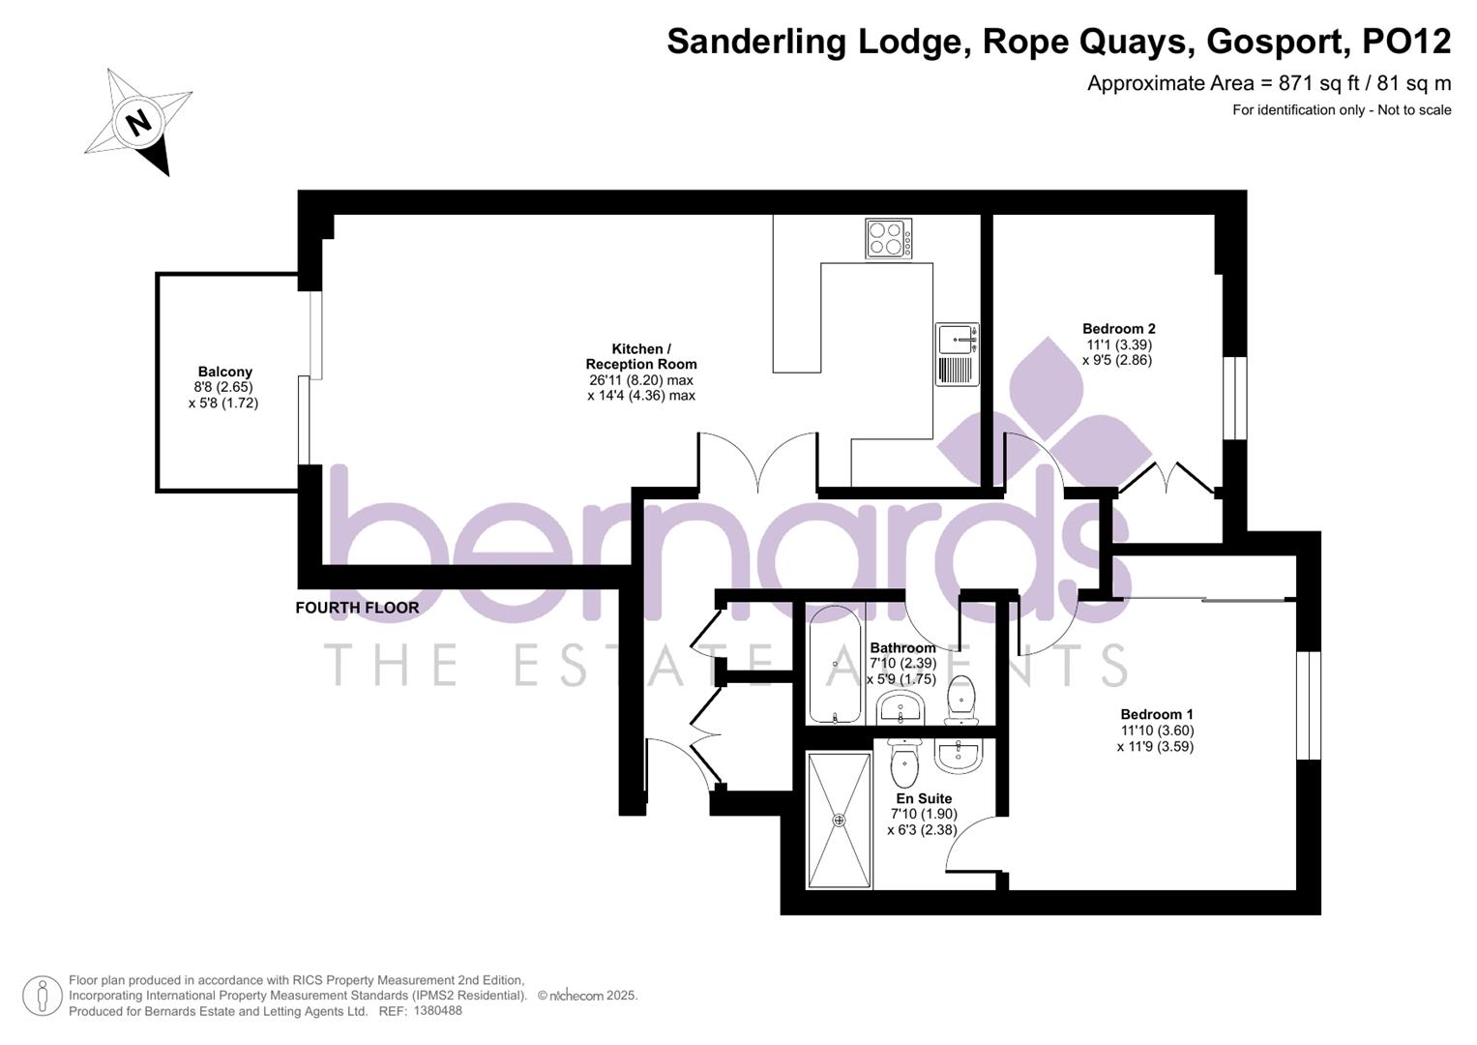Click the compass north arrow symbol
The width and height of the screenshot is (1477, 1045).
click(138, 122)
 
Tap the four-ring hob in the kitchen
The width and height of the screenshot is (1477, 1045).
click(888, 238)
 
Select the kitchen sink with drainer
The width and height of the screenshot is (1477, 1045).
click(957, 354)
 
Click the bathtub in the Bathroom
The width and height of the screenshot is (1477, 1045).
click(834, 666)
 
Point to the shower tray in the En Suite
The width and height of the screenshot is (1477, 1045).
click(839, 821)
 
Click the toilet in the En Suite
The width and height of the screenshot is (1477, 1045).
click(903, 763)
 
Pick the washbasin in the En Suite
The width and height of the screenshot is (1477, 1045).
click(959, 755)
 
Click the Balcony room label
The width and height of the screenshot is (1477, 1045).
click(224, 372)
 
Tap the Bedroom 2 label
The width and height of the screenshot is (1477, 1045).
click(1118, 329)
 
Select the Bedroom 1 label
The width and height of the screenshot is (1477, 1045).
click(1157, 715)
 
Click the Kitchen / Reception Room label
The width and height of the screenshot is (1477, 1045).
click(640, 356)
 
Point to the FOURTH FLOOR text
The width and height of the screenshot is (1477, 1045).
click(357, 608)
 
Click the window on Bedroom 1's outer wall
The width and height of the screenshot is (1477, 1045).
click(1308, 704)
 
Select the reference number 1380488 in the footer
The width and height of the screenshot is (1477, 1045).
click(437, 1011)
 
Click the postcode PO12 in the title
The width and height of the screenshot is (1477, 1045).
click(1406, 42)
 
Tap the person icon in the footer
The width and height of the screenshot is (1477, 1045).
click(43, 996)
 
